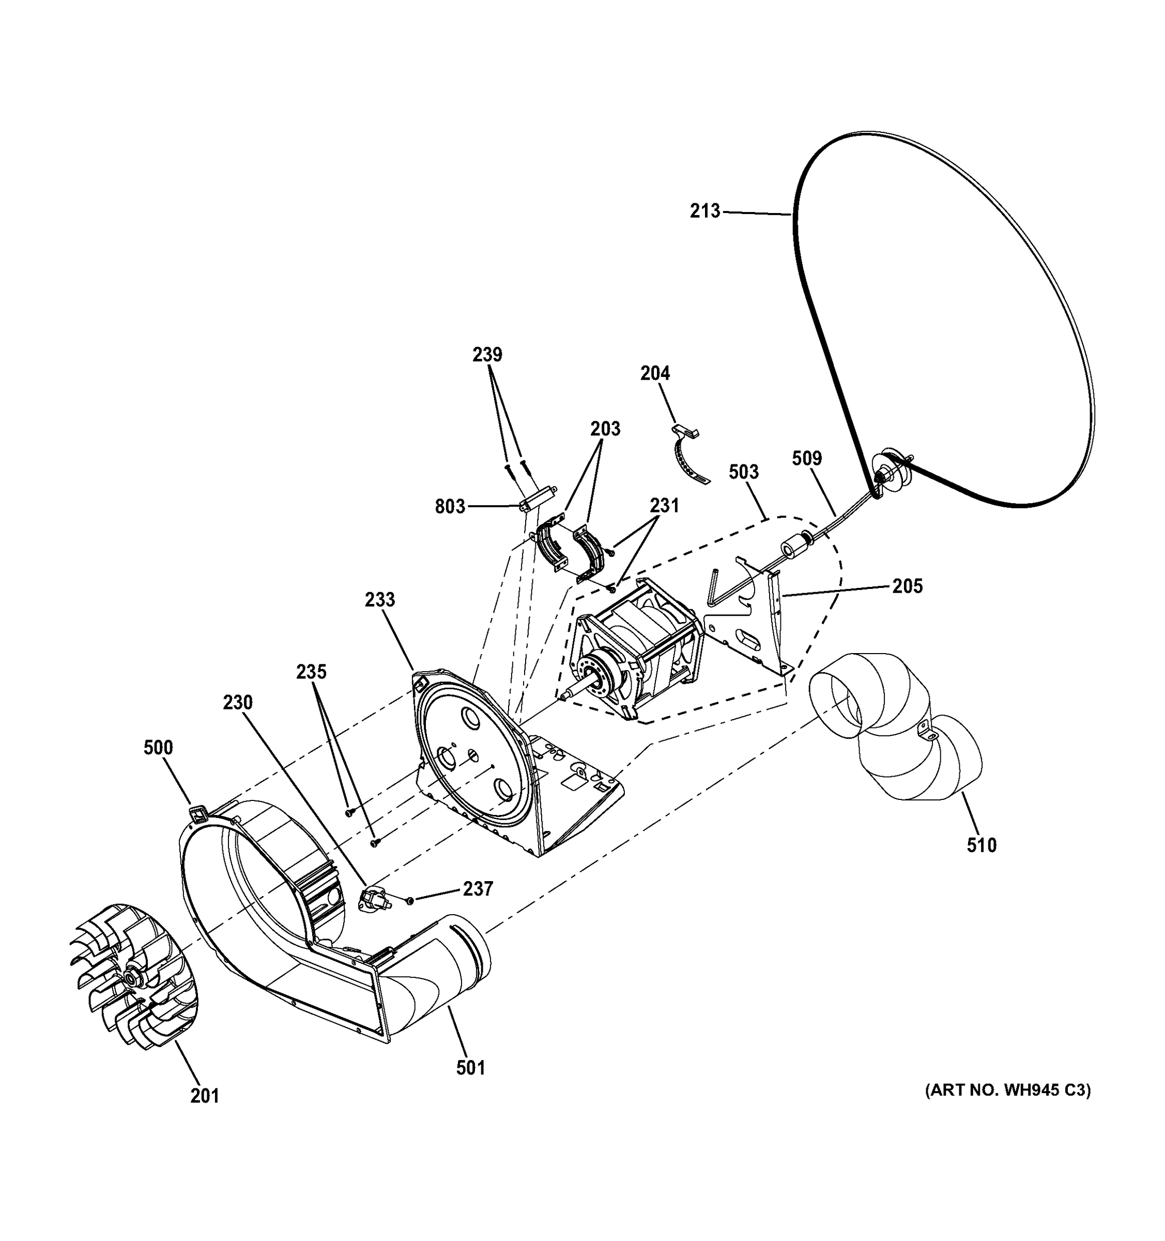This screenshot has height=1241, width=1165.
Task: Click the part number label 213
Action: coord(704,211)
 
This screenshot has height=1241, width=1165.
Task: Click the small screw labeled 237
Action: coord(410,900)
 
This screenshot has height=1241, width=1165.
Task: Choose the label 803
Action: coord(450,506)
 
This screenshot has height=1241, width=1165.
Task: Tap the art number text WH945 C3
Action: coord(1007,1091)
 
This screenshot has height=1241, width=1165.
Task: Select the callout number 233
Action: coord(380,600)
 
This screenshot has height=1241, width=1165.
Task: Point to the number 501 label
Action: coord(470,1069)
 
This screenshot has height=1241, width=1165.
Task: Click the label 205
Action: coord(907,586)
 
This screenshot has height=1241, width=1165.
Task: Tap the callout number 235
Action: coord(311,672)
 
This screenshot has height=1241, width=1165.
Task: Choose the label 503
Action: coord(743,472)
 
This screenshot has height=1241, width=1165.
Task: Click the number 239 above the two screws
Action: coord(487,355)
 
